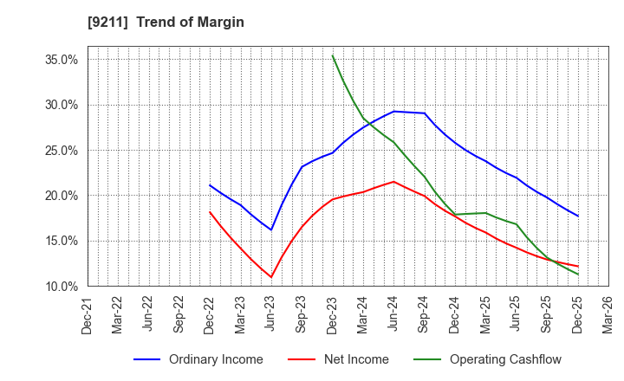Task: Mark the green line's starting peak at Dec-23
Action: coord(333,55)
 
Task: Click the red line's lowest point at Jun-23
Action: coord(271,277)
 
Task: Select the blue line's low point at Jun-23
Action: coord(271,229)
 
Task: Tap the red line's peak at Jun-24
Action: coord(393,182)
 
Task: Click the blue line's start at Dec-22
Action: coord(210,184)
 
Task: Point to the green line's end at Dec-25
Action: coord(577,274)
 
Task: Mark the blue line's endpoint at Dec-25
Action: coord(577,216)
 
